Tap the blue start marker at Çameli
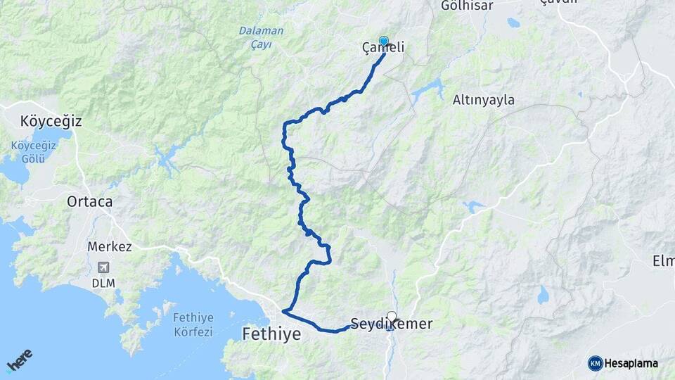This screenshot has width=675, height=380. point(384,42)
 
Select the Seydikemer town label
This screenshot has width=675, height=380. point(391,324)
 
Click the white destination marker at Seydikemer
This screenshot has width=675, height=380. point(392,317)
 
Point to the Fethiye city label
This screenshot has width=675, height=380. point(271,334)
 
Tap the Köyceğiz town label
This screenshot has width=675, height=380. point(51,121)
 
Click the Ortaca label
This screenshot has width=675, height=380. point(89,201)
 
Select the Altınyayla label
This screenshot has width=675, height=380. point(483,100)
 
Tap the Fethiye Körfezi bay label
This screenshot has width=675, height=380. point(193,324)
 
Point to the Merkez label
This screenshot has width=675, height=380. point(110,247)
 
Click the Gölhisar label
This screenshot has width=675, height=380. point(467,6)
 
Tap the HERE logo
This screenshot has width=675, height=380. point(20,361)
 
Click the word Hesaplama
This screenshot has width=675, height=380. point(631,363)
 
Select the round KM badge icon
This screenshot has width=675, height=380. point(595,363)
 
